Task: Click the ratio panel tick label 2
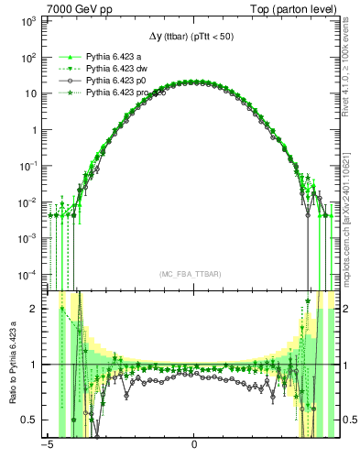tap(33, 309)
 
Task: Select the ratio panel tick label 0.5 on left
tap(29, 420)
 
